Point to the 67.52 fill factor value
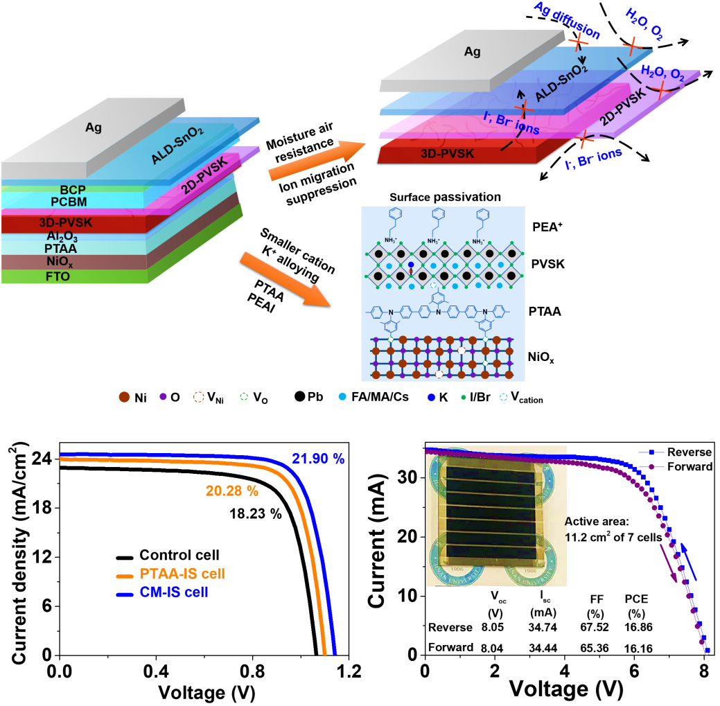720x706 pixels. point(593,628)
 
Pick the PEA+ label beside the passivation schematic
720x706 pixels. point(544,226)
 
